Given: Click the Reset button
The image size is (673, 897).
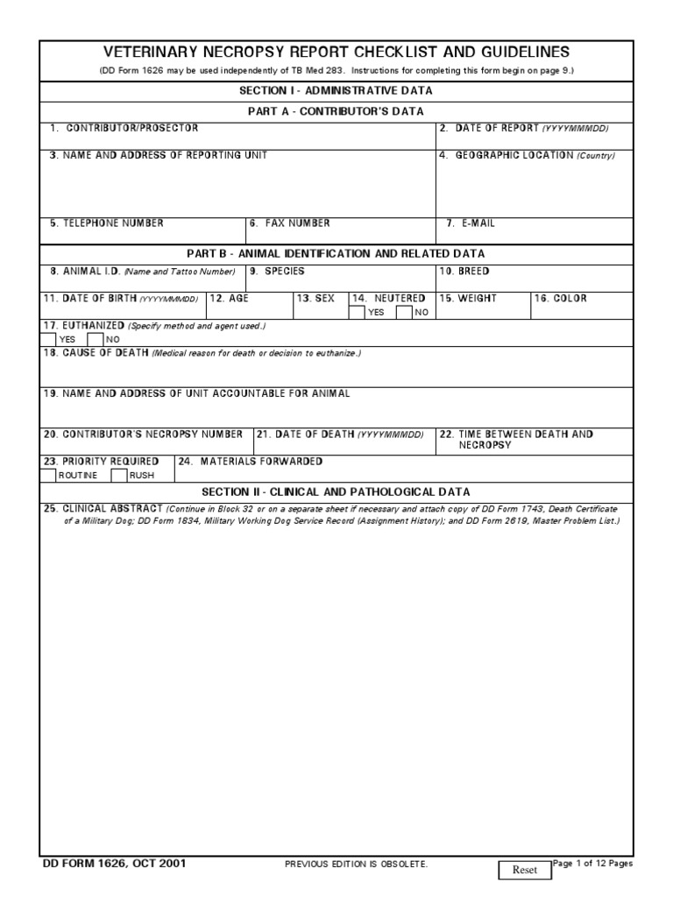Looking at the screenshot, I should click(x=524, y=870).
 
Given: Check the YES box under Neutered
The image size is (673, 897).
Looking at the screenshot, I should click(x=358, y=312).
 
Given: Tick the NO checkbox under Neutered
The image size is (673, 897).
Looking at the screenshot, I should click(x=404, y=312).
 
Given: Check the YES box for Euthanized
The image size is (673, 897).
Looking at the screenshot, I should click(x=48, y=339).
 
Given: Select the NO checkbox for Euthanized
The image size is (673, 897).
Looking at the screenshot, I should click(x=96, y=339).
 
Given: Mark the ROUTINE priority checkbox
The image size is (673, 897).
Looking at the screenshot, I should click(x=48, y=476).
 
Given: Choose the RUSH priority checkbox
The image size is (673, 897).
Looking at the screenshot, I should click(x=118, y=476).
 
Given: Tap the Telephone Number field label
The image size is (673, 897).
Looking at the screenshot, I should click(x=106, y=223).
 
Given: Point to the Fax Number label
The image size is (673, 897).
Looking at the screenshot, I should click(x=290, y=223).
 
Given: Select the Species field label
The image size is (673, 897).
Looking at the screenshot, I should click(x=278, y=272).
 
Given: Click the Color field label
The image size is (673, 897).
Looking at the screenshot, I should click(x=561, y=299).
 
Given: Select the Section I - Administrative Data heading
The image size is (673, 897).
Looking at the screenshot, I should click(x=336, y=91).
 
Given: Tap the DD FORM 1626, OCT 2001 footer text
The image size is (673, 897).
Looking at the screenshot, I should click(x=114, y=864).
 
